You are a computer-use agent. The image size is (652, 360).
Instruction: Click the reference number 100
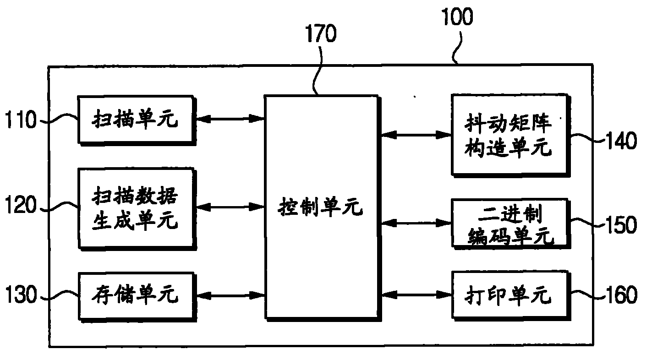pyautogui.click(x=456, y=18)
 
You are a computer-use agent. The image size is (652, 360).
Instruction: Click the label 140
pyautogui.click(x=620, y=141)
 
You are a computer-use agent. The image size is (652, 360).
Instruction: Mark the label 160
pyautogui.click(x=620, y=295)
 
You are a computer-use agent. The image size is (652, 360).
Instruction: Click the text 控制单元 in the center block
pyautogui.click(x=321, y=209)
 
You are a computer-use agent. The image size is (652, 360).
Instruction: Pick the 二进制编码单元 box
pyautogui.click(x=509, y=223)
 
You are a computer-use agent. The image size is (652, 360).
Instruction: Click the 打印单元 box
pyautogui.click(x=509, y=295)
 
